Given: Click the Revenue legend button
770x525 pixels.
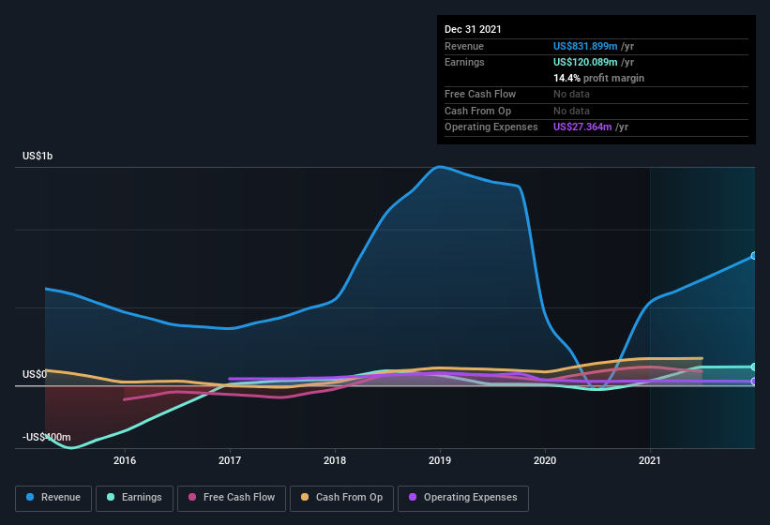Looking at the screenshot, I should [x=54, y=498].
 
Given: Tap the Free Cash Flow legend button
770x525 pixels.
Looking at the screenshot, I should [x=232, y=498].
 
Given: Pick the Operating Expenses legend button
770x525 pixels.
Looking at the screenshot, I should [x=463, y=498].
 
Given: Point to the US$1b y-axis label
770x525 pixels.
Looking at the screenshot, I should [x=38, y=156].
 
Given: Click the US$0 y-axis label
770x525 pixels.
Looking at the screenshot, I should [x=35, y=374].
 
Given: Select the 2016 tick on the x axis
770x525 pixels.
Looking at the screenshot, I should [x=125, y=460].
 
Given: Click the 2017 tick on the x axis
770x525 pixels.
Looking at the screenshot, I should [x=230, y=460].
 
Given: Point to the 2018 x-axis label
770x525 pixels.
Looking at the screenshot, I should [x=335, y=460].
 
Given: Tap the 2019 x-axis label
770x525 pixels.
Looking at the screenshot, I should [x=440, y=460].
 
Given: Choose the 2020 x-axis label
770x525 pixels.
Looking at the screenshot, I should [x=545, y=460].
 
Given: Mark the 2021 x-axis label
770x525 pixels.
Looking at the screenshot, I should [x=650, y=460].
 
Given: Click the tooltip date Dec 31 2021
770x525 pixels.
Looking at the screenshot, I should [x=473, y=29].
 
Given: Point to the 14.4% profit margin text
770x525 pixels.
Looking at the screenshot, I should [x=598, y=78].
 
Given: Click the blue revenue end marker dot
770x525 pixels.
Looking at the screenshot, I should [x=753, y=256].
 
